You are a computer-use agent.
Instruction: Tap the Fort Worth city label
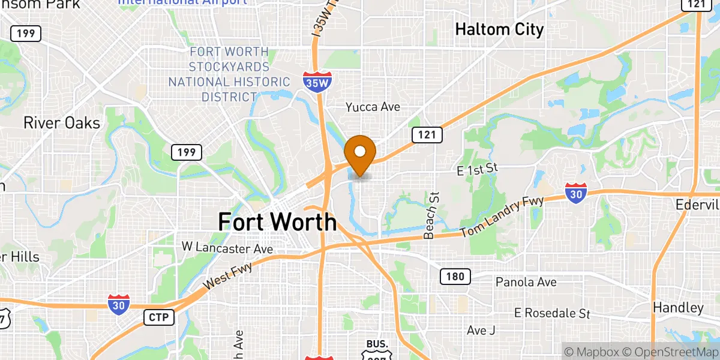coord(277,222)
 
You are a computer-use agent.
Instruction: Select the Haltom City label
coord(499,29)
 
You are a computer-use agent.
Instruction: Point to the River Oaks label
coord(61,123)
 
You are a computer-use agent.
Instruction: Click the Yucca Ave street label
coord(373,107)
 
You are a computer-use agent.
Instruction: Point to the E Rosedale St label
coord(553,313)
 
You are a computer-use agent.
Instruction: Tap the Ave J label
coord(481,331)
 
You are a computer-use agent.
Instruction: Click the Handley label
coord(678,308)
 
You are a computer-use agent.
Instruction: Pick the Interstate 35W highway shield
coord(316,83)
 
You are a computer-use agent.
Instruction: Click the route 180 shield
coord(455,277)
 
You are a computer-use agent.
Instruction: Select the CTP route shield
coord(159,317)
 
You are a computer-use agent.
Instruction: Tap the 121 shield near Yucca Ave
coord(427,134)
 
